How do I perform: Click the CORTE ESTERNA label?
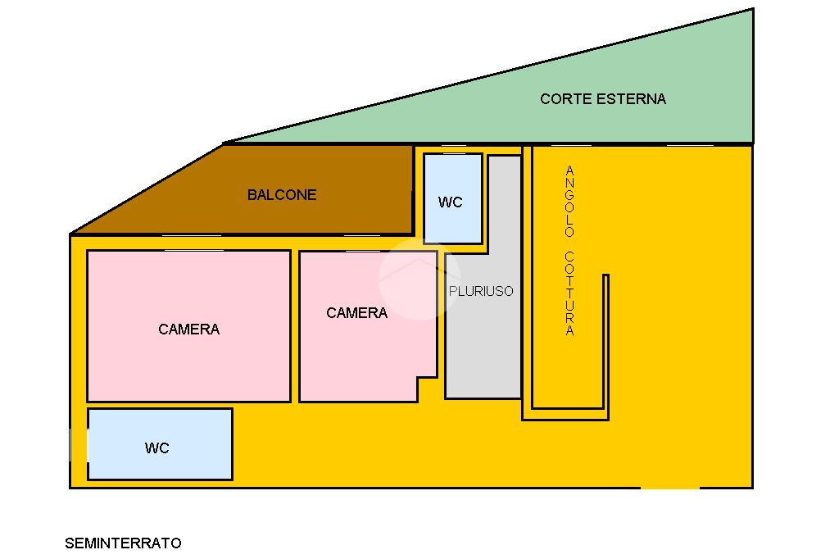(x=603, y=99)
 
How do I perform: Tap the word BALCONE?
(x=282, y=195)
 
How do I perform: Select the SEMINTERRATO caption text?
(x=123, y=543)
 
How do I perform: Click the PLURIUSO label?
(x=481, y=291)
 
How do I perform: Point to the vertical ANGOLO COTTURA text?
(x=570, y=251)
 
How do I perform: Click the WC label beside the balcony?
(x=451, y=202)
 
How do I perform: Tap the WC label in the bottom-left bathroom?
(x=156, y=448)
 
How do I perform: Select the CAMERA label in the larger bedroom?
(x=188, y=329)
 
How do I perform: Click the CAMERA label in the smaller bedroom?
(x=356, y=313)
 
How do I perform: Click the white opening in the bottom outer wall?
(x=670, y=488)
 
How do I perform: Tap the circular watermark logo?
(x=419, y=278)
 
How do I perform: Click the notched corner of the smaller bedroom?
(x=426, y=389)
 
